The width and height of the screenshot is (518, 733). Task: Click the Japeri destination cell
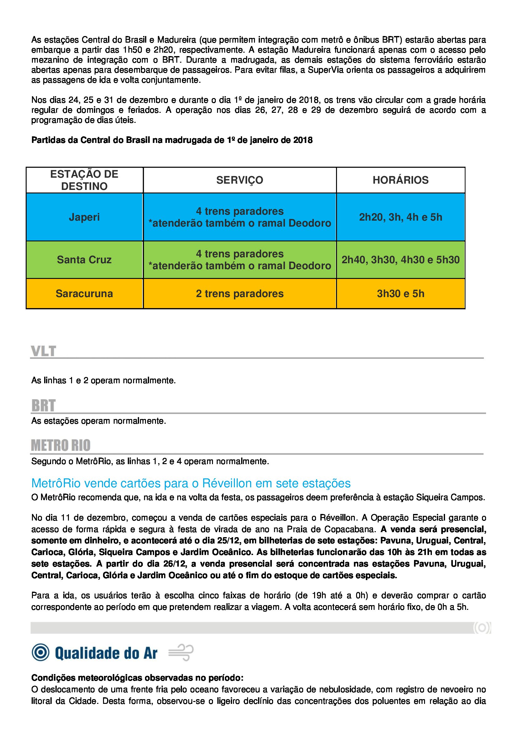pyautogui.click(x=84, y=217)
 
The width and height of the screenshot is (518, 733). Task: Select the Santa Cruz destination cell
pyautogui.click(x=84, y=259)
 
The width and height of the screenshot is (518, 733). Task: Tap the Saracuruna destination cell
pyautogui.click(x=84, y=293)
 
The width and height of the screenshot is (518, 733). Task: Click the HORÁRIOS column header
pyautogui.click(x=400, y=180)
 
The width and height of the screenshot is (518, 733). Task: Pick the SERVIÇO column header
pyautogui.click(x=240, y=180)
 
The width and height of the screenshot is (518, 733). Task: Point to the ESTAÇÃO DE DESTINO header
pyautogui.click(x=84, y=180)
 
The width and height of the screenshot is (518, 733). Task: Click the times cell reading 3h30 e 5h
pyautogui.click(x=400, y=293)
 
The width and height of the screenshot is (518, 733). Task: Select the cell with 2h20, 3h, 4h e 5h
pyautogui.click(x=400, y=217)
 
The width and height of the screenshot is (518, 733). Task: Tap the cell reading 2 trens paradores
pyautogui.click(x=240, y=293)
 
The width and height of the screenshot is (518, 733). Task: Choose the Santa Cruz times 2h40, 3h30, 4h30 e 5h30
pyautogui.click(x=400, y=259)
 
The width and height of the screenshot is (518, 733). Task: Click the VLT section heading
pyautogui.click(x=44, y=351)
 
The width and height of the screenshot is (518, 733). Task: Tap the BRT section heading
pyautogui.click(x=44, y=406)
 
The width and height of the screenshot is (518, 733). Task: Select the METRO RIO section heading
pyautogui.click(x=61, y=445)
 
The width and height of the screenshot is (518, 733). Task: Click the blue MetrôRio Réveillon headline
pyautogui.click(x=191, y=483)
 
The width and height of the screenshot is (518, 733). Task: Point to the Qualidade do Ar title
pyautogui.click(x=106, y=653)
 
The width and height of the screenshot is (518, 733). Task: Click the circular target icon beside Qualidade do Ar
pyautogui.click(x=40, y=652)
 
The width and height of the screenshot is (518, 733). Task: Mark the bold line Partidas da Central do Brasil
pyautogui.click(x=172, y=140)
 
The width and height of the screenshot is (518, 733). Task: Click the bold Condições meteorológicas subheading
pyautogui.click(x=137, y=678)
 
